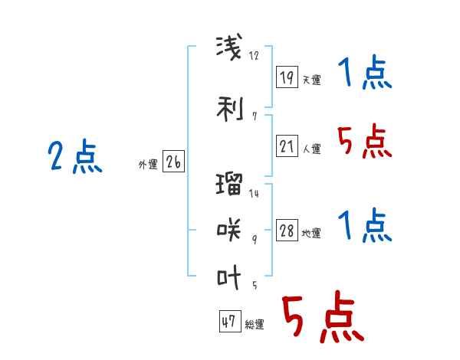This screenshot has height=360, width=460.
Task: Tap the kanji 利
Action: pos(230,109)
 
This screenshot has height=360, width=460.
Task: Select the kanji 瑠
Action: pos(229,184)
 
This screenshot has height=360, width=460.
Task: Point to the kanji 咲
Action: pos(229,230)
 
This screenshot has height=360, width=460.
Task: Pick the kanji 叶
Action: pos(228,277)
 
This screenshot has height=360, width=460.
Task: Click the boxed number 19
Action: pos(287,77)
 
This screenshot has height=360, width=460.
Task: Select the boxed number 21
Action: pos(287,146)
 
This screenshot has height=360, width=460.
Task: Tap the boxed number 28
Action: pos(287,230)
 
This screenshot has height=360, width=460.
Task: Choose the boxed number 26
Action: pos(174,162)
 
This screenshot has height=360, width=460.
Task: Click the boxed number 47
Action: pos(230,321)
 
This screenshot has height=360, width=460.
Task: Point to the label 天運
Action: pos(312,80)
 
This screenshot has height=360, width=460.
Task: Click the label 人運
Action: pos(312,149)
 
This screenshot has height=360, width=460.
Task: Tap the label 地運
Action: pos(311,233)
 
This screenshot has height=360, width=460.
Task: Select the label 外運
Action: pos(148,165)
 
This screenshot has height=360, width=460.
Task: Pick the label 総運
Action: pos(255,324)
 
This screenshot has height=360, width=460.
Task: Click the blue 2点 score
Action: pos(75,156)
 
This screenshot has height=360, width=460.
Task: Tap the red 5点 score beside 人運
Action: pos(365,141)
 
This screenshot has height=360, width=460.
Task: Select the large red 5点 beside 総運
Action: pos(323,316)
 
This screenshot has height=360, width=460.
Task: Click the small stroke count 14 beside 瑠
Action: pos(254,193)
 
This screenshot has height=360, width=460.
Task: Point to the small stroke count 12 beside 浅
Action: pos(254,55)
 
